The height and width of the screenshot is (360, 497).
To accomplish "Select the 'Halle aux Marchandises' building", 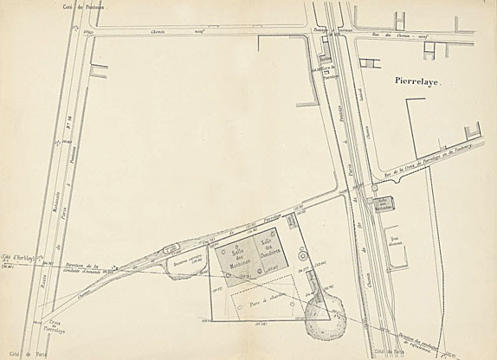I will click(x=384, y=203).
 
